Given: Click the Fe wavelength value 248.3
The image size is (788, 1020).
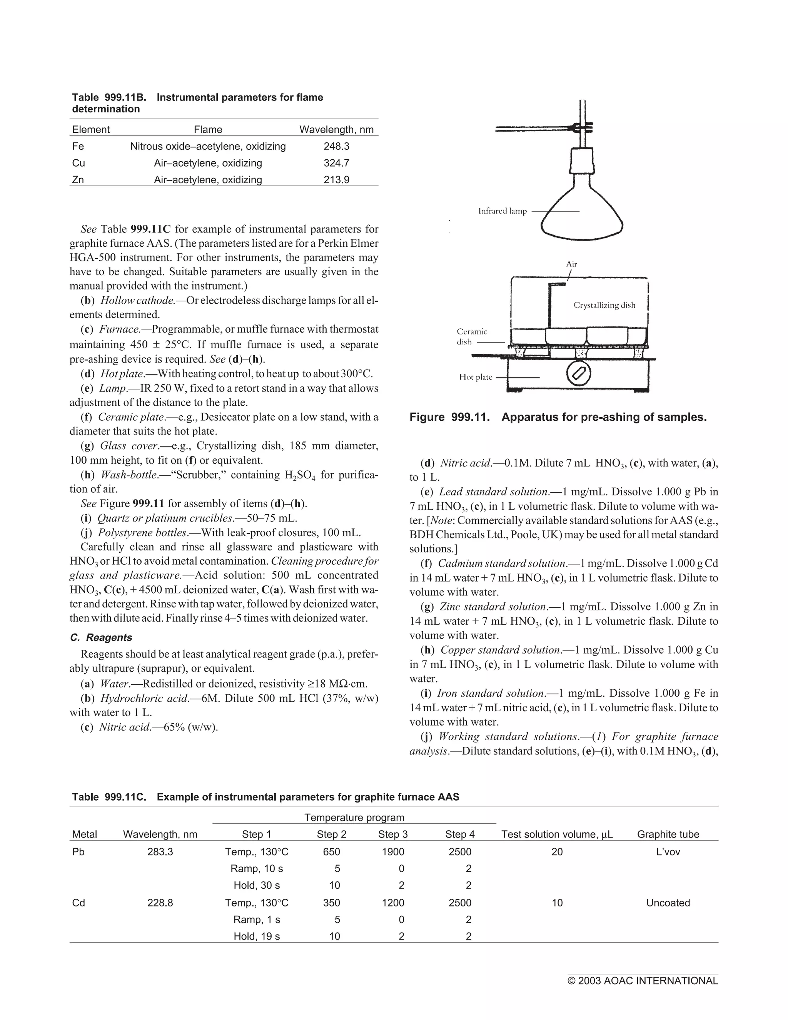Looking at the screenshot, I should click(x=336, y=146).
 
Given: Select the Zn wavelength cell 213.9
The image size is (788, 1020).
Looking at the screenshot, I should click(x=336, y=180).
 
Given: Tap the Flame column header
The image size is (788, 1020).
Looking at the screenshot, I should click(x=208, y=129).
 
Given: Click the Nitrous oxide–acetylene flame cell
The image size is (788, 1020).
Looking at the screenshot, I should click(x=208, y=146).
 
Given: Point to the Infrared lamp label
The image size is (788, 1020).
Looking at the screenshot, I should click(x=502, y=211).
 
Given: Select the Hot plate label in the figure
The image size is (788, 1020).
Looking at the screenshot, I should click(x=476, y=377).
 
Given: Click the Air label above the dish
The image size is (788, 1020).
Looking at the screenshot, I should click(x=571, y=264).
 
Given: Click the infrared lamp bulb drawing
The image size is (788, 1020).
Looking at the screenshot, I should click(x=582, y=206).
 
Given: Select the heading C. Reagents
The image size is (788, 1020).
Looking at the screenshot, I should click(x=101, y=637).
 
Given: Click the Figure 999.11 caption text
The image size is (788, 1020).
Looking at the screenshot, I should click(x=558, y=417).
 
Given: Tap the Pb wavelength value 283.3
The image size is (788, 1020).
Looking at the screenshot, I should click(x=160, y=852).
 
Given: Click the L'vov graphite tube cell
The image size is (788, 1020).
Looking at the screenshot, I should click(x=668, y=852).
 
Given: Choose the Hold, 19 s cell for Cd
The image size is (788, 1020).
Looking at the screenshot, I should click(x=257, y=936).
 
